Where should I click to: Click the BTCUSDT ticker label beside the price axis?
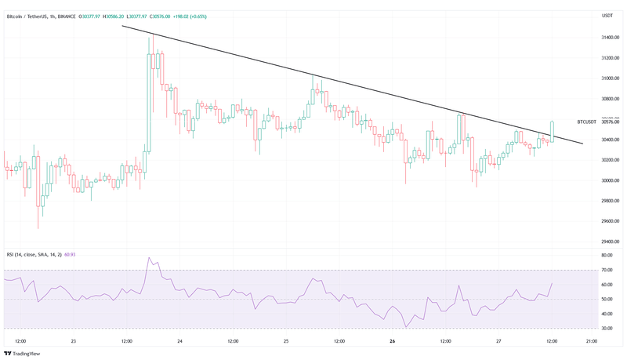tap(586, 122)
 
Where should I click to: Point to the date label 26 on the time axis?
tap(391, 342)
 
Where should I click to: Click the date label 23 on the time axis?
tap(72, 342)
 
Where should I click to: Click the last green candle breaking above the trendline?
tap(553, 132)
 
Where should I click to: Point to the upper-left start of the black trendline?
tap(122, 27)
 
